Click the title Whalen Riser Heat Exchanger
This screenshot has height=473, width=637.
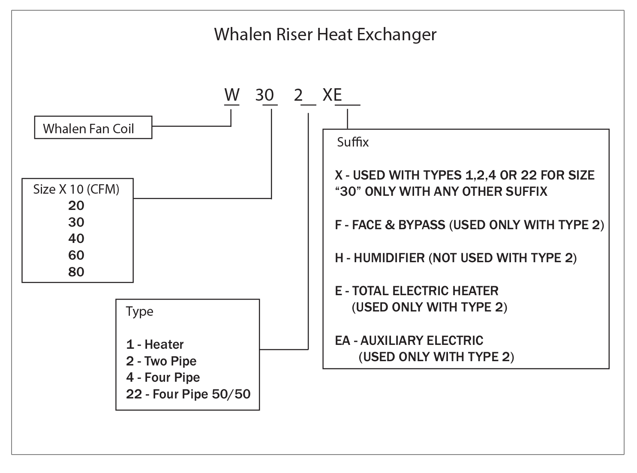coord(325,34)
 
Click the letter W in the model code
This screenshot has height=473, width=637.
coord(232,95)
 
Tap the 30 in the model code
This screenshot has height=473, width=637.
coord(264,95)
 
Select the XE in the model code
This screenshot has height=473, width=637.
coord(332,95)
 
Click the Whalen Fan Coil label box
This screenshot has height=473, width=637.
coord(93,128)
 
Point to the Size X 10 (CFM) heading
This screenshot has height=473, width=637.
coord(76,189)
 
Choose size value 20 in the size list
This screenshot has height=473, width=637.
coord(76,206)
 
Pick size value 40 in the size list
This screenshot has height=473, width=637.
coord(76,239)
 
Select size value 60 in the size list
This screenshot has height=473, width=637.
coord(76,255)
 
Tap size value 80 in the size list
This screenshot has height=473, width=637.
coord(76,272)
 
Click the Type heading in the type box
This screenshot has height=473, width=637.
coord(139,311)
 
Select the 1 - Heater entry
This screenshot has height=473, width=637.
coord(155,344)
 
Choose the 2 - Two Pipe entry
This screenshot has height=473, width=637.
coord(161,361)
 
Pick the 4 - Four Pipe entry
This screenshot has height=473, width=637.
coord(163,377)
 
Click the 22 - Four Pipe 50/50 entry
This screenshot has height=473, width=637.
coord(188,394)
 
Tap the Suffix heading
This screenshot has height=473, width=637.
coord(352,142)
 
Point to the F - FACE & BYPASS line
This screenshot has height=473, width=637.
coord(469,225)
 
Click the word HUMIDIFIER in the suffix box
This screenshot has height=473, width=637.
coord(389,258)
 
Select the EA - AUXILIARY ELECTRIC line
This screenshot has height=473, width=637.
coord(409,341)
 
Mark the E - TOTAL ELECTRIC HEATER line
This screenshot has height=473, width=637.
coord(416,291)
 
